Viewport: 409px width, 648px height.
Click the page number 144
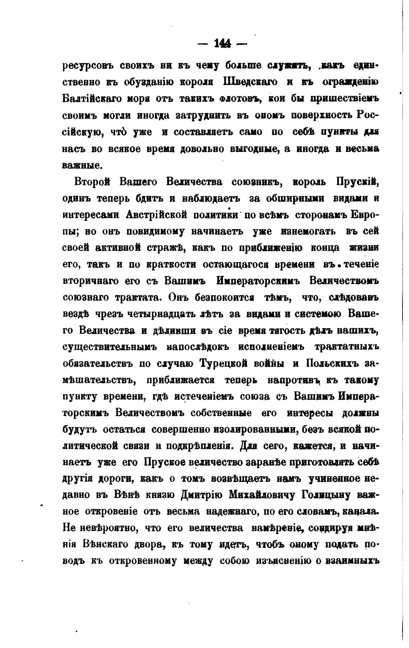[222, 44]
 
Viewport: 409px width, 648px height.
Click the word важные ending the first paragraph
[79, 165]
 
